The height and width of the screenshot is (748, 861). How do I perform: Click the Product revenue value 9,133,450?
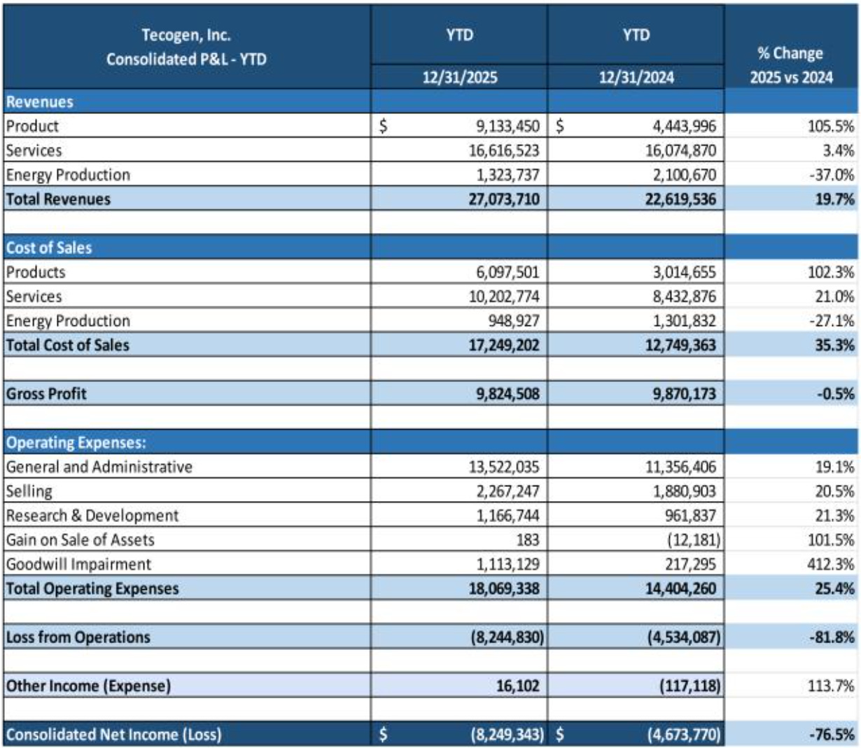pos(504,127)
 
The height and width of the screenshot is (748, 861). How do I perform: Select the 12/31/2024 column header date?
pos(636,77)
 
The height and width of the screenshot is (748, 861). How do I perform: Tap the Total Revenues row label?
pos(58,199)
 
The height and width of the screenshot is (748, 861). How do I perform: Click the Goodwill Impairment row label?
pos(78,564)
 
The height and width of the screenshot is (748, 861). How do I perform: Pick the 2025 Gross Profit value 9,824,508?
pos(504,394)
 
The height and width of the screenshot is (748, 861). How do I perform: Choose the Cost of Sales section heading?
pos(49,248)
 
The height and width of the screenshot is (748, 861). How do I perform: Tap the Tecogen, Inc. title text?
pos(186,35)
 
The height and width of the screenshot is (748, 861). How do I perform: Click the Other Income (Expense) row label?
pos(88,686)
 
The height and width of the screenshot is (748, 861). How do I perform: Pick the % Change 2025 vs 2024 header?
pos(791,65)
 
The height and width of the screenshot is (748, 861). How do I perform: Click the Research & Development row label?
pos(92,516)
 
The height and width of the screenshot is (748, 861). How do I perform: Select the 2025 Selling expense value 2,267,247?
pos(504,491)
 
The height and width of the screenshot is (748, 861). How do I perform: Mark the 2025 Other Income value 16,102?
pos(518,686)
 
